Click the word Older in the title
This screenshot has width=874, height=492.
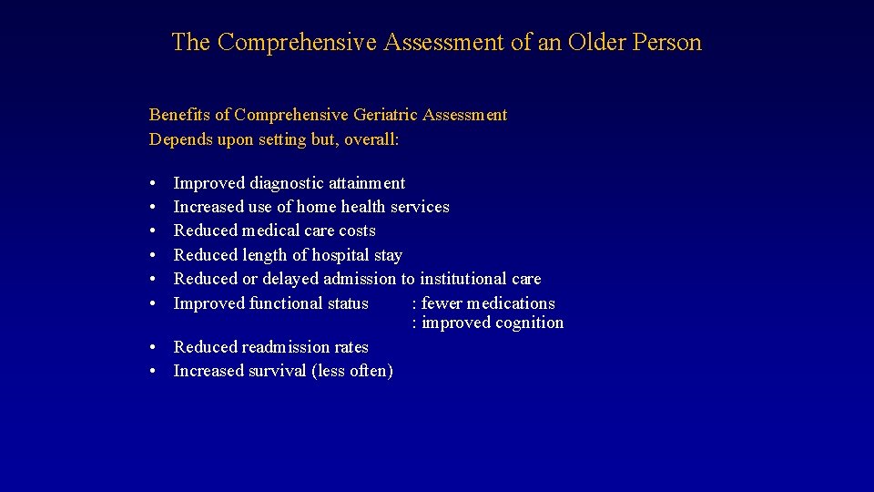click(595, 43)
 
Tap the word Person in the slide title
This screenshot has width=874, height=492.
click(667, 43)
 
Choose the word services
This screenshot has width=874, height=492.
click(420, 207)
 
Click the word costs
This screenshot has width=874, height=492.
click(356, 231)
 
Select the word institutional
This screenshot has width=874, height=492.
click(465, 279)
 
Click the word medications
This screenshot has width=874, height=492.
click(511, 303)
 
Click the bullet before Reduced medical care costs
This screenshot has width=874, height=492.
click(154, 231)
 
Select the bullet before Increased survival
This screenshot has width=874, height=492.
click(154, 372)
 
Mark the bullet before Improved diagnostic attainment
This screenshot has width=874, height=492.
click(154, 184)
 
